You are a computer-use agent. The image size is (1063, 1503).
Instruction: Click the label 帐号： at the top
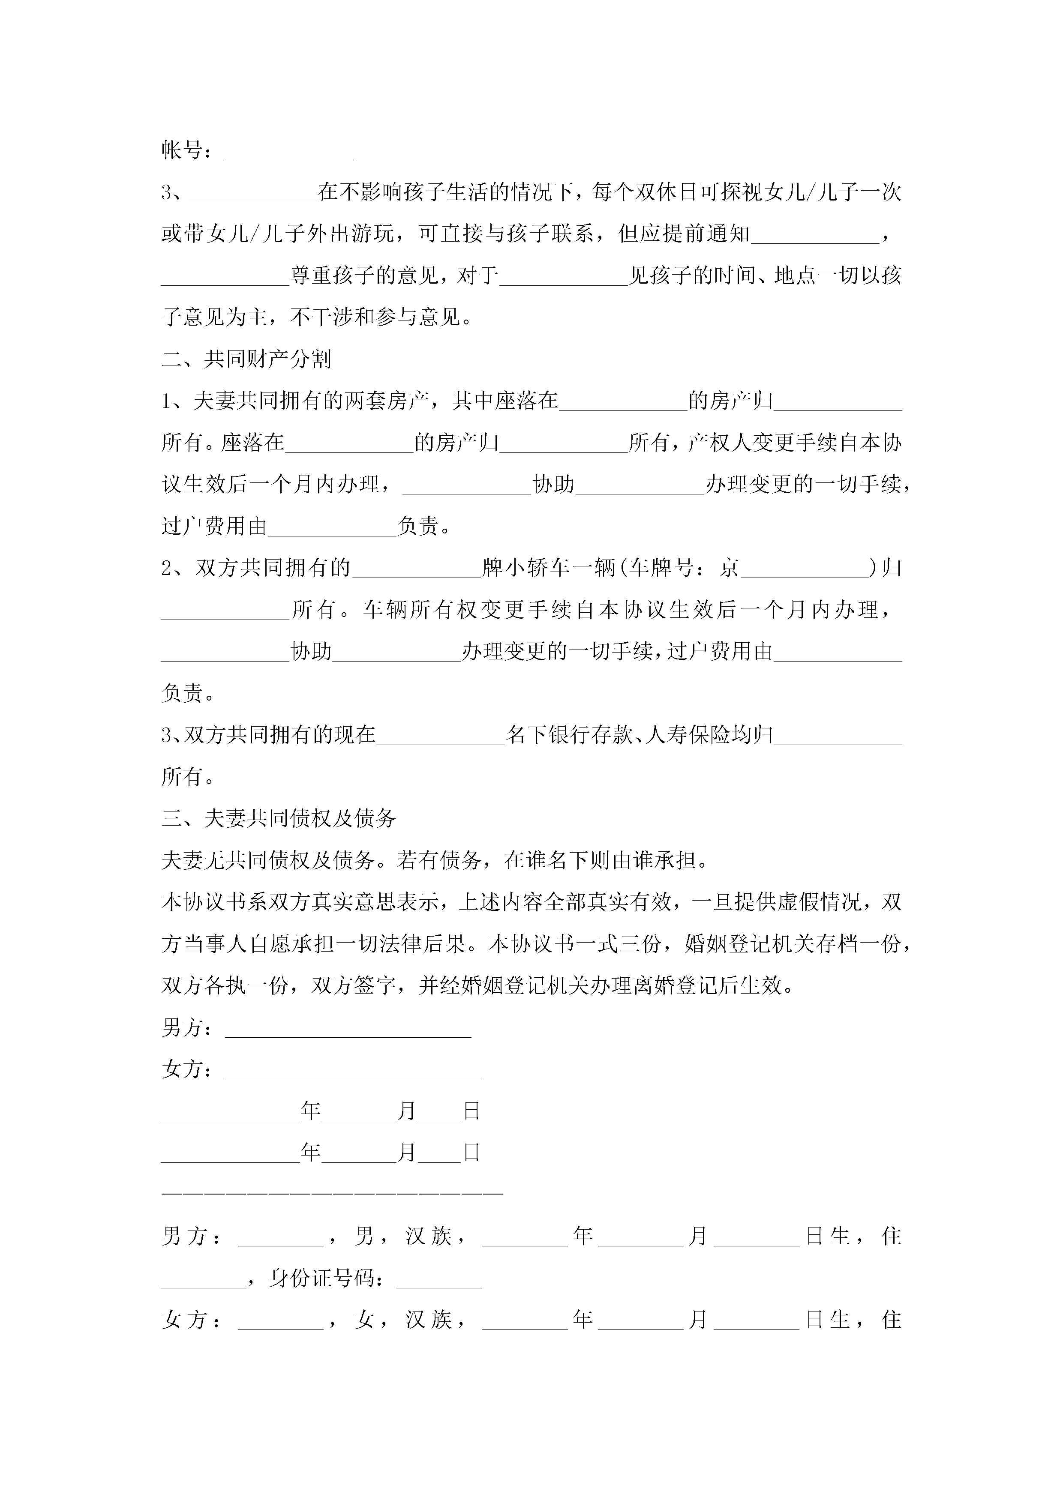[x=186, y=150]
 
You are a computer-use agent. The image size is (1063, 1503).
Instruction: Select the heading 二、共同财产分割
[x=246, y=359]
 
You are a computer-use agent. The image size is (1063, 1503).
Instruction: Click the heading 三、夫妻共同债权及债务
[x=278, y=818]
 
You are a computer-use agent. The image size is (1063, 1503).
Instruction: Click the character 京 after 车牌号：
[x=729, y=568]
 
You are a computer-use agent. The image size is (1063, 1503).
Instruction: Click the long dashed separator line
[x=332, y=1194]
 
